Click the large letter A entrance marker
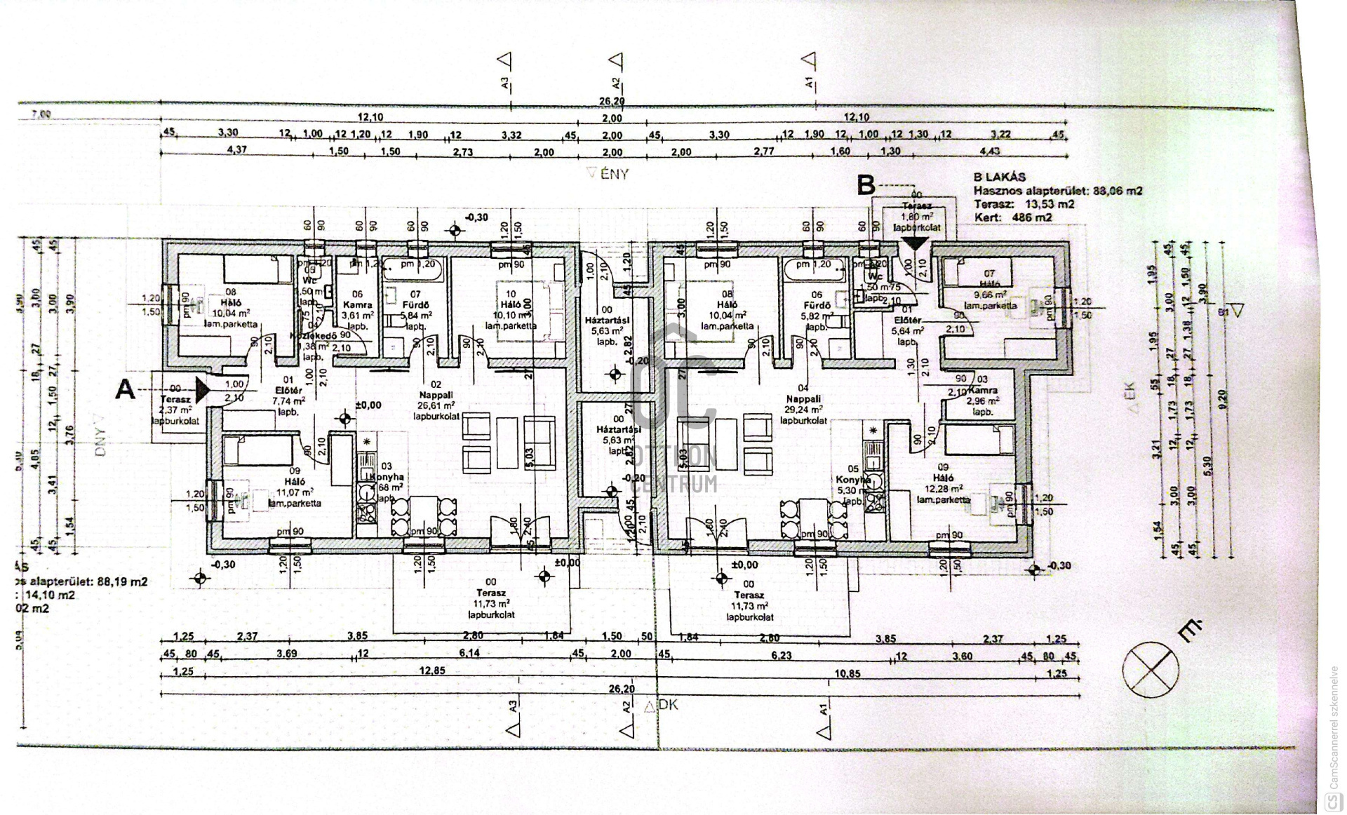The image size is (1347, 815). pyautogui.click(x=125, y=389)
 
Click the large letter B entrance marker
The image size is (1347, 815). pyautogui.click(x=867, y=184)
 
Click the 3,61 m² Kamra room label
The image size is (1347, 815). pyautogui.click(x=357, y=315)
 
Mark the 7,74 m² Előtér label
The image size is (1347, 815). pyautogui.click(x=288, y=400)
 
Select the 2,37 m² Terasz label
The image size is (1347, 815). pyautogui.click(x=175, y=410)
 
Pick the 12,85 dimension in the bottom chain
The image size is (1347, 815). pyautogui.click(x=433, y=671)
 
